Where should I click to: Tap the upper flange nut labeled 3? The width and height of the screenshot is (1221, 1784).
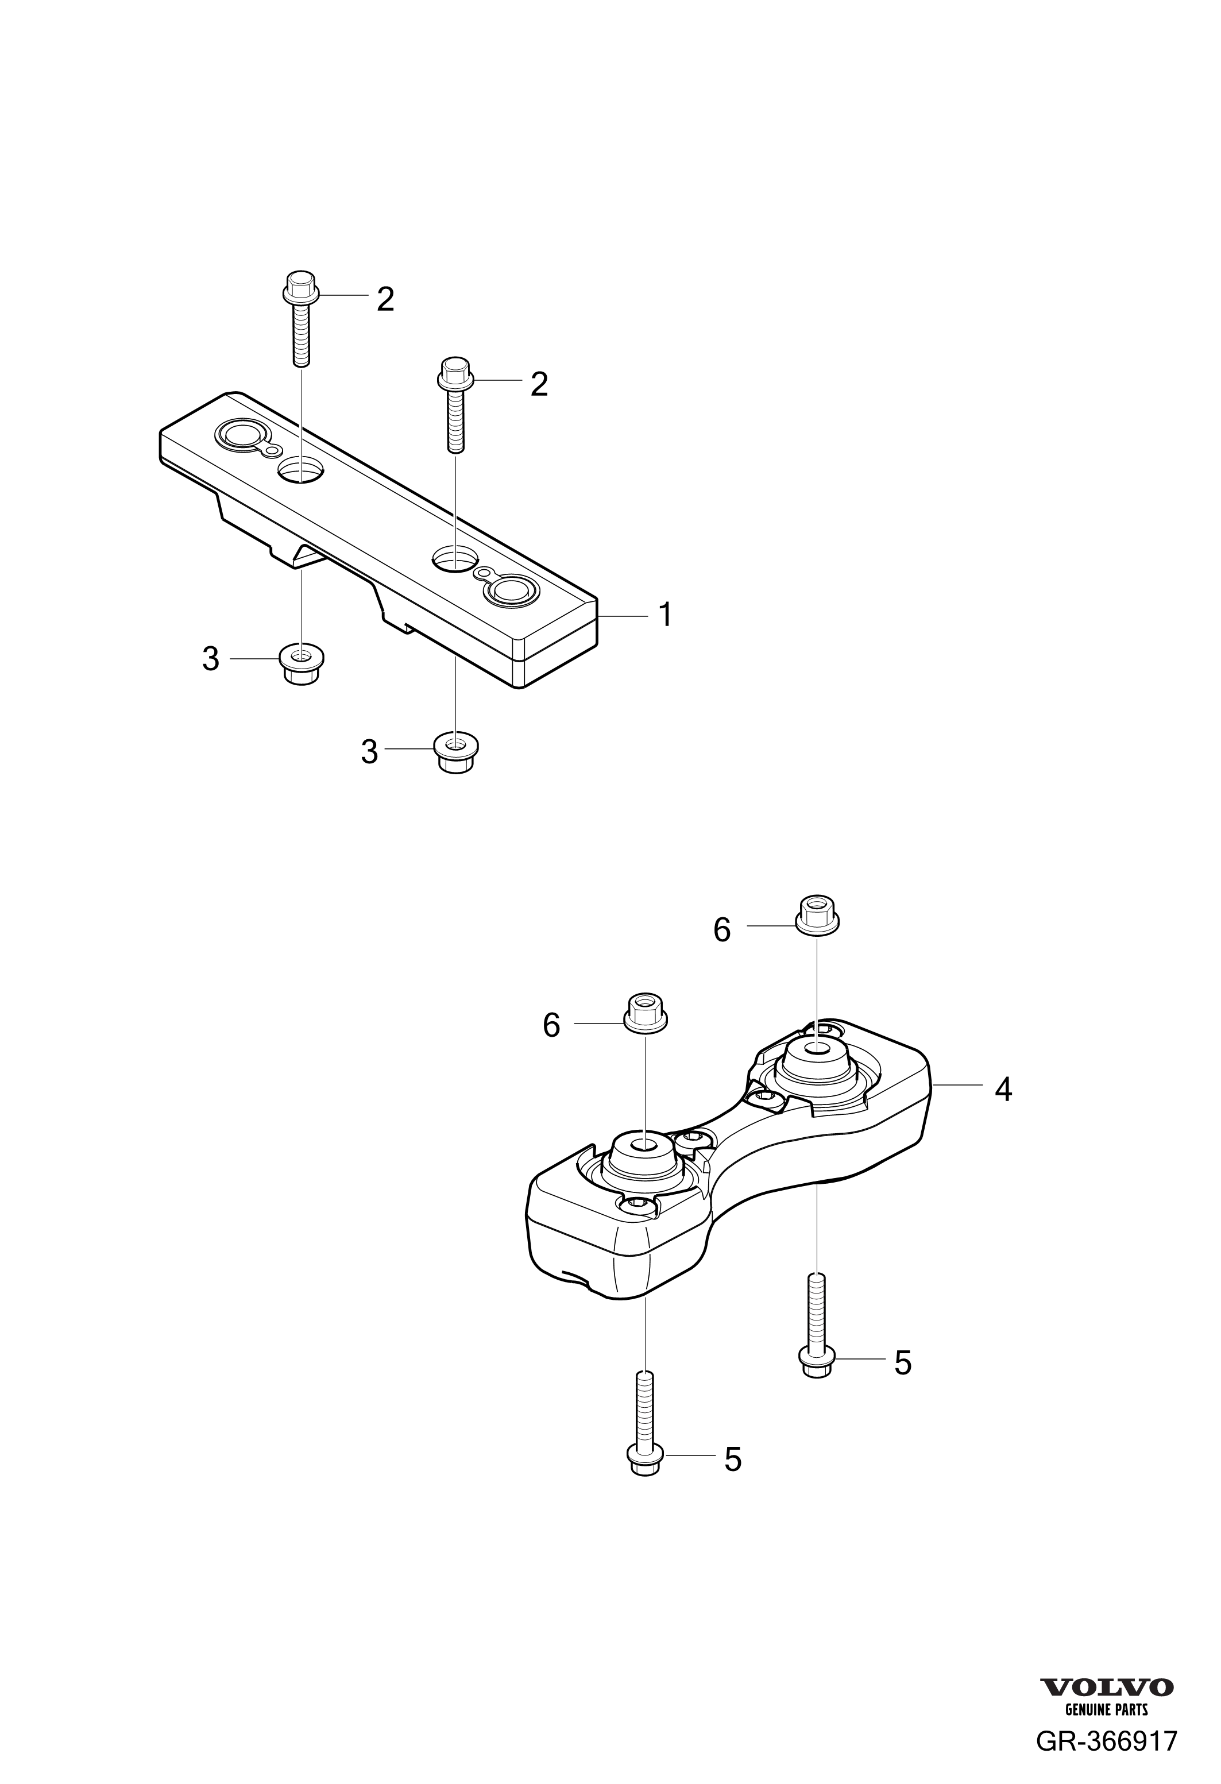tap(302, 665)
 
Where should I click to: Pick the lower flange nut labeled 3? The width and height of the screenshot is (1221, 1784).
tap(456, 753)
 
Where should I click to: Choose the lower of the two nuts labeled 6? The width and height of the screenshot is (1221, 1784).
tap(646, 1013)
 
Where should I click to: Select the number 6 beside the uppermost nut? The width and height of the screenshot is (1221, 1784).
tap(721, 930)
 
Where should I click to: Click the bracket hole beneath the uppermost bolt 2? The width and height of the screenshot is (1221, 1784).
tap(301, 470)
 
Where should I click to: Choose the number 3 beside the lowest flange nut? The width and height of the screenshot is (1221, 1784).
tap(369, 752)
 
